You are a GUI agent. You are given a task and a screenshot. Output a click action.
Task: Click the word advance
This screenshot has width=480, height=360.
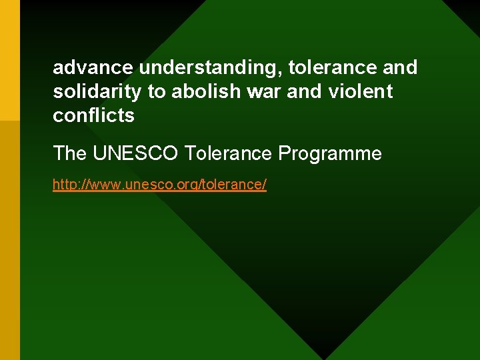93,67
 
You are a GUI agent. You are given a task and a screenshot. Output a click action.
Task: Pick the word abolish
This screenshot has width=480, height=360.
198,91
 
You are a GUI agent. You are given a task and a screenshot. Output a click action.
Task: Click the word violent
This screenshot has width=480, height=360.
361,91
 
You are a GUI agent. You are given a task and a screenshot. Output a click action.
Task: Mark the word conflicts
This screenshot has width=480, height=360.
93,115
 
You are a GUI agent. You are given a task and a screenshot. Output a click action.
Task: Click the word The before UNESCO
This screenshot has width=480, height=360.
70,154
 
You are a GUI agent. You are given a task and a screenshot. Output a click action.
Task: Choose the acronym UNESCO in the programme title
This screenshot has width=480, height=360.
135,154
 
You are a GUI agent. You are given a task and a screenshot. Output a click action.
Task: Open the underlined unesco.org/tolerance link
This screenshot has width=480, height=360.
159,185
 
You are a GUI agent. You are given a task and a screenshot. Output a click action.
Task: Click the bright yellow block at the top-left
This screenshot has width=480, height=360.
10,60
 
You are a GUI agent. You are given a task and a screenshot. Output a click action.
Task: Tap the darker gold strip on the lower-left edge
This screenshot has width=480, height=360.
10,240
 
